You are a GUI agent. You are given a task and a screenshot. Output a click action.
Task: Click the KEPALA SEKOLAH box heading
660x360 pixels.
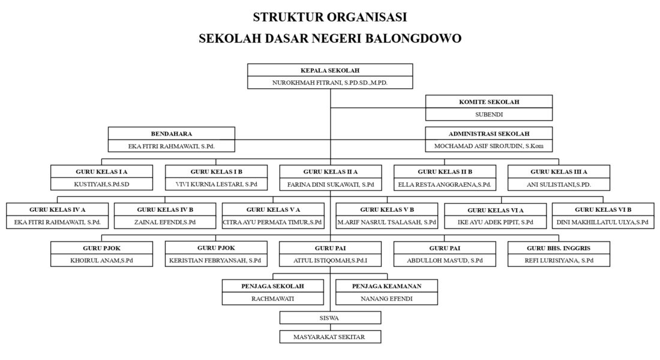point(330,70)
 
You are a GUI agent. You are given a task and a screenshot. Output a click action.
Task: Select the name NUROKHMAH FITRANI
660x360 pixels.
point(312,83)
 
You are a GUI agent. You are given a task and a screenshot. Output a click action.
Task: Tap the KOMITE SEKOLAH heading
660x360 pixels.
point(489,102)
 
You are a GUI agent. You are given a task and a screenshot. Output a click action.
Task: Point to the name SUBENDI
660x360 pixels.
point(489,115)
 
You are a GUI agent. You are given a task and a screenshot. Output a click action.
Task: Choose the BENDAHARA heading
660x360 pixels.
point(172,134)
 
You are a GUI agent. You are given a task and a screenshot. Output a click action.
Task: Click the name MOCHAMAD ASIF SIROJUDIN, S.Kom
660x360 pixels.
point(489,146)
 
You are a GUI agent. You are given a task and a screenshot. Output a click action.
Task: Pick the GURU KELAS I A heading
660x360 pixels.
point(101,172)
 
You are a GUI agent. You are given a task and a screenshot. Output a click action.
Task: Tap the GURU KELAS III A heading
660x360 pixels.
point(559,172)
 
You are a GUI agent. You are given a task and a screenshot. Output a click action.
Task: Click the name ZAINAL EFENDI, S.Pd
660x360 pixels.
point(165,223)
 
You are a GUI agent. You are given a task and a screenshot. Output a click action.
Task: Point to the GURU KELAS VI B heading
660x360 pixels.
point(603,209)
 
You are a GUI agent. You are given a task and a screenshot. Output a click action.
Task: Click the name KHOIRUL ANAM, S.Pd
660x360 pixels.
point(101,260)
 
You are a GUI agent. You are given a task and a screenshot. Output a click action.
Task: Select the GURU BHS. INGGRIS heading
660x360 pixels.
point(559,248)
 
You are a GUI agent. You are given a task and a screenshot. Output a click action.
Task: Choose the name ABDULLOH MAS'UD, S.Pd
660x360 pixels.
point(445,260)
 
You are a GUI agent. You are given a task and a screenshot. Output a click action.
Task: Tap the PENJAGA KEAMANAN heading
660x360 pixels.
point(387,286)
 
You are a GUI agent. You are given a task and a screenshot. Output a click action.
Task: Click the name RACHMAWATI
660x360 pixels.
point(273,298)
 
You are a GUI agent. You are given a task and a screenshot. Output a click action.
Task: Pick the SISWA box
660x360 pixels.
point(330,317)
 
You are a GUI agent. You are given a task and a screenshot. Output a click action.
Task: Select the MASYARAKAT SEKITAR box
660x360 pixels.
point(330,337)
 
